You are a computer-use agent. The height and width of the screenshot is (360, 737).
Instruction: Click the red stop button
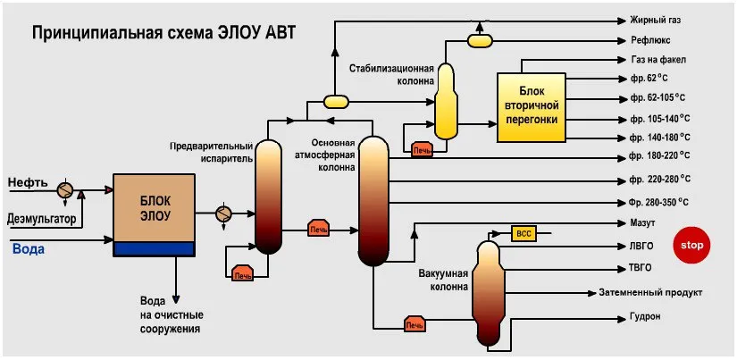691,245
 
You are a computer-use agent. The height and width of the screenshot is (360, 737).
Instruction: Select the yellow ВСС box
523,233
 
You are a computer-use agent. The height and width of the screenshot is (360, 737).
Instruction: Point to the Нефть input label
28,183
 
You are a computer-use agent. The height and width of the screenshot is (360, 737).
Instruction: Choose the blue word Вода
28,249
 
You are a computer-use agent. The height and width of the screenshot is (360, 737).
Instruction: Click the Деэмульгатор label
41,219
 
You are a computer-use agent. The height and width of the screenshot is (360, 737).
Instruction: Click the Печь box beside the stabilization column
421,149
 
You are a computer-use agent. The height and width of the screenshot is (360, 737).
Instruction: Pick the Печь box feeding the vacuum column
414,323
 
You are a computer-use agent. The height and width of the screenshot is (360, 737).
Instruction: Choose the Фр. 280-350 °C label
658,202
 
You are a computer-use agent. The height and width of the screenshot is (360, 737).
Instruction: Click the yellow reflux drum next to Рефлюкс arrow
480,39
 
